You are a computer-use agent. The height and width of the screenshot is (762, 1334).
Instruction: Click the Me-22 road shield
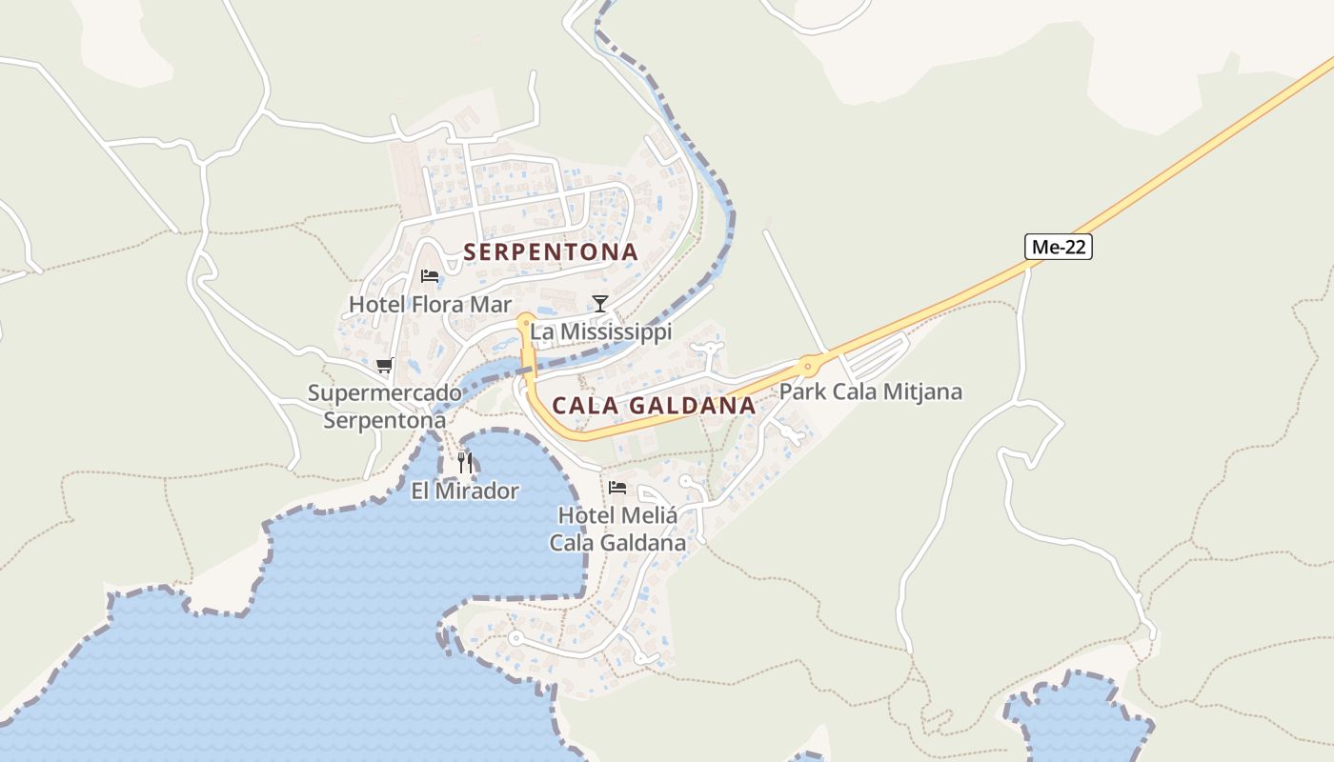pos(1058,247)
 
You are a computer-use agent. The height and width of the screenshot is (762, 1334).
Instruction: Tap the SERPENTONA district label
pos(551,252)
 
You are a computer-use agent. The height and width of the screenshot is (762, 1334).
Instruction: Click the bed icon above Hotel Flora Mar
pos(430,276)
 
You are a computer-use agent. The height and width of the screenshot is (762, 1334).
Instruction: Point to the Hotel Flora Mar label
pos(430,305)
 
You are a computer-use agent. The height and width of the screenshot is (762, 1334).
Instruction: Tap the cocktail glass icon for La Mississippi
pos(599,304)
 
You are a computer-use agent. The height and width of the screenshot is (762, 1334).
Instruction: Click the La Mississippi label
pos(600,332)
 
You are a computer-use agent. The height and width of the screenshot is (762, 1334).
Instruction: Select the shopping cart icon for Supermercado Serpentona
pos(385,365)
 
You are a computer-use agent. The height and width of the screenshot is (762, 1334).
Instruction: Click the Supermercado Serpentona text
pos(384,407)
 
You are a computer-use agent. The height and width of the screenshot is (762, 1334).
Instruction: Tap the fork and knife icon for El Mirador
pos(465,463)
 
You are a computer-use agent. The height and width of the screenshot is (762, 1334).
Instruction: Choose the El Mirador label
pos(465,491)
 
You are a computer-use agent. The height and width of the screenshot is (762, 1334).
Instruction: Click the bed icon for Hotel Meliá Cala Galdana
pos(617,488)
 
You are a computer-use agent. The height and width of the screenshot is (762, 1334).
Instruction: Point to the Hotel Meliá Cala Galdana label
pos(617,530)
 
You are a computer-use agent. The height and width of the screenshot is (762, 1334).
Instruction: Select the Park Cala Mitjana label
pos(871,391)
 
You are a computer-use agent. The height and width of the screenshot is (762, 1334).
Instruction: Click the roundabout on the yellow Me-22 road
pos(808,365)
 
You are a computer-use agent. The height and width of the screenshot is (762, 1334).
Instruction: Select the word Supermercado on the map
pos(384,393)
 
